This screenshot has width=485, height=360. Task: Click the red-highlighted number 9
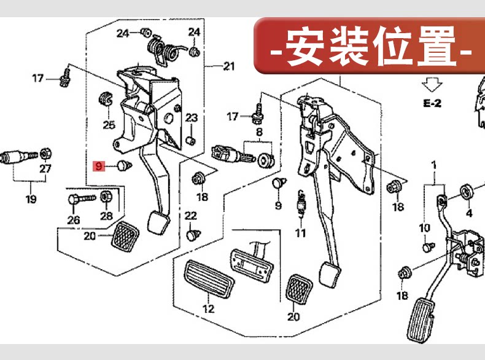[x=98, y=165]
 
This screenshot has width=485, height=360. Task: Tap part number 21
[x=229, y=66]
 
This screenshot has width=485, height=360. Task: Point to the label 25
[x=109, y=125]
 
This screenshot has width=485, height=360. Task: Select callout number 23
[x=192, y=118]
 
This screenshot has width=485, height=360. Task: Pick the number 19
[x=31, y=199]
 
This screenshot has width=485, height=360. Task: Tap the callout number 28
[x=107, y=216]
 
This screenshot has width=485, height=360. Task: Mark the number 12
[x=209, y=309]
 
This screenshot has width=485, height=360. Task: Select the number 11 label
[x=300, y=233]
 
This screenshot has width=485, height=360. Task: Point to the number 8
[x=259, y=132]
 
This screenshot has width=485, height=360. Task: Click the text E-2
[x=432, y=103]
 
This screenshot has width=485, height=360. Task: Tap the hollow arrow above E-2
[x=432, y=83]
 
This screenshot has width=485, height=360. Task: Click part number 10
[x=425, y=229]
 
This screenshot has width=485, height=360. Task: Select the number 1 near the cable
[x=433, y=165]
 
